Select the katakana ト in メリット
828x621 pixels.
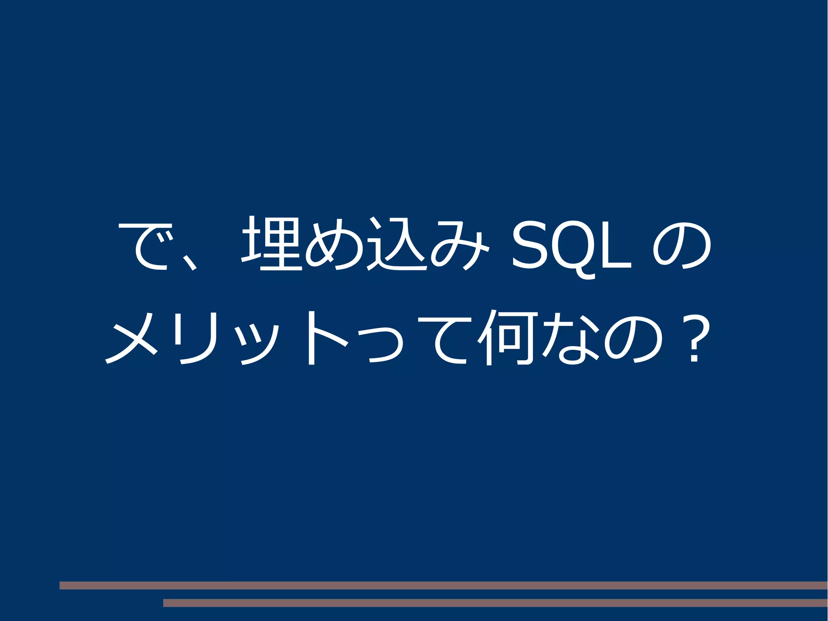tap(323, 338)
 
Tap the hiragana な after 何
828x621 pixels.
tap(570, 338)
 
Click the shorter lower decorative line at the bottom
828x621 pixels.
tap(495, 603)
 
